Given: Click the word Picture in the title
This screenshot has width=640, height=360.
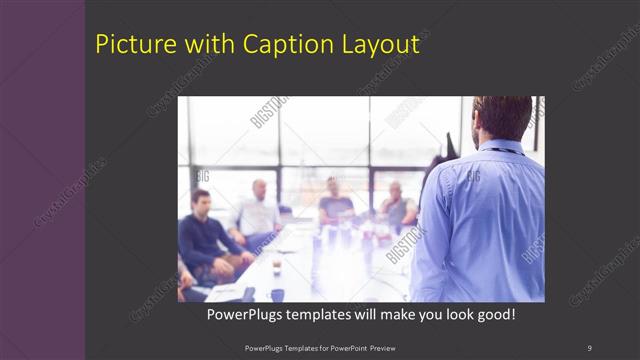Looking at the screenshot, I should click(x=128, y=45).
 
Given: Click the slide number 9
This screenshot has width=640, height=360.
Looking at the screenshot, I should click(x=589, y=347).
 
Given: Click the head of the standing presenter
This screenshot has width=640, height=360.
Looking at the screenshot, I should click(x=501, y=118).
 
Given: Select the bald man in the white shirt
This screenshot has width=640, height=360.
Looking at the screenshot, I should click(x=258, y=212).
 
